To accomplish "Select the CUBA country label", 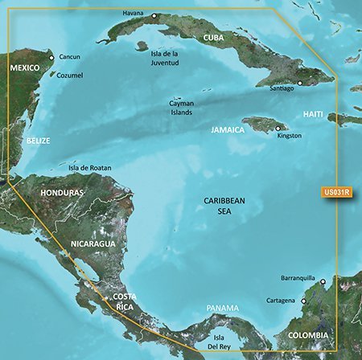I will pyautogui.click(x=213, y=38).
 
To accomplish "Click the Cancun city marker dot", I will pyautogui.click(x=51, y=57).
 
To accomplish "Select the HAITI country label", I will pyautogui.click(x=313, y=115).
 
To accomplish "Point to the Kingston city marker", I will pyautogui.click(x=278, y=127).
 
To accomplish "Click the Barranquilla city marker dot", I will pyautogui.click(x=323, y=281).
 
